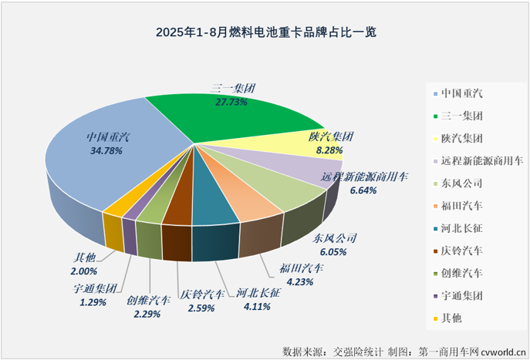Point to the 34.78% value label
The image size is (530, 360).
pyautogui.click(x=110, y=151)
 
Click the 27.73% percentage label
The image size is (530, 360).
pyautogui.click(x=233, y=101)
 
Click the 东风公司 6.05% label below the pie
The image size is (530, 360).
pyautogui.click(x=329, y=251)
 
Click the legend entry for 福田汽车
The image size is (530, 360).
pyautogui.click(x=462, y=206)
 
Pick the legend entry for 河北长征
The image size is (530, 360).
pyautogui.click(x=462, y=228)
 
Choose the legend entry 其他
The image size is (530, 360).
pyautogui.click(x=451, y=318)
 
